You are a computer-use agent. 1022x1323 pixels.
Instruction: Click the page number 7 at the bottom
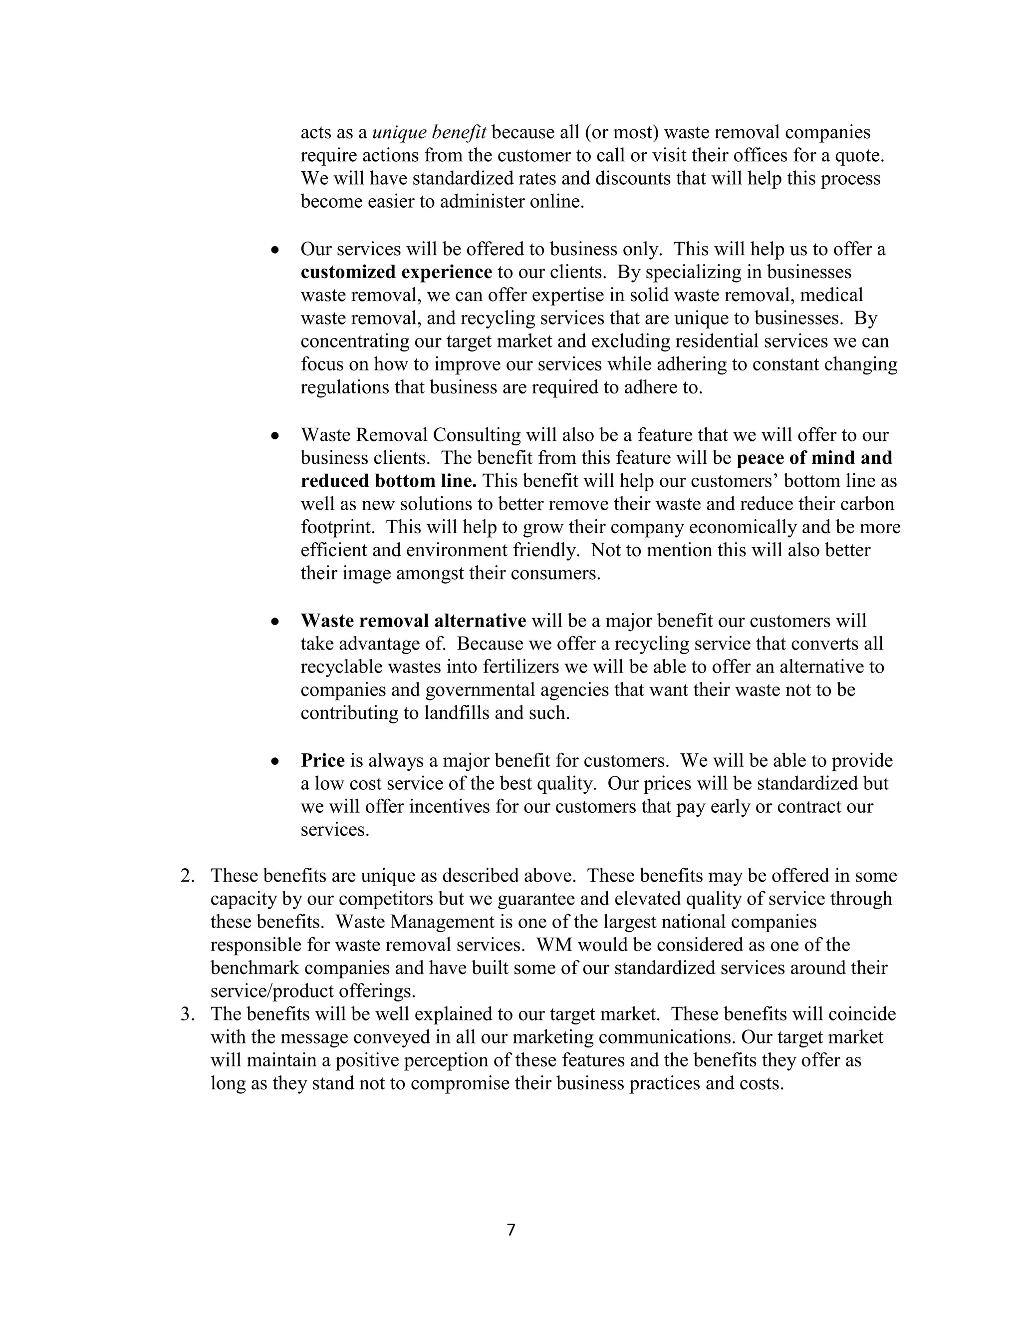(511, 1229)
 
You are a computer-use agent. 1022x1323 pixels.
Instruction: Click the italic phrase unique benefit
(429, 132)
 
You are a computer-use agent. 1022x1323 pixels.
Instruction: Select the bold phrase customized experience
(396, 273)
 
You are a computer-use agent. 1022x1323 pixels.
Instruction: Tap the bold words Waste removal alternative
(414, 621)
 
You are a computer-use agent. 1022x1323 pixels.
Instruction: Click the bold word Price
(323, 760)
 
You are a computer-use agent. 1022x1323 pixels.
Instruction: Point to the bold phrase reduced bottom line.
(389, 481)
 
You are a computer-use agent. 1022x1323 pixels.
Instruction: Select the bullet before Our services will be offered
(275, 250)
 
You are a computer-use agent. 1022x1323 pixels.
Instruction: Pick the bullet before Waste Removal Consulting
(275, 435)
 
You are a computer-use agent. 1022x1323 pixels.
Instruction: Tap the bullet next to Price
(275, 761)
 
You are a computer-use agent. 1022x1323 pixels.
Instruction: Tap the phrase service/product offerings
(313, 991)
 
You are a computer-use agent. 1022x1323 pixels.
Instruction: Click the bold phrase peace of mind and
(814, 458)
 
